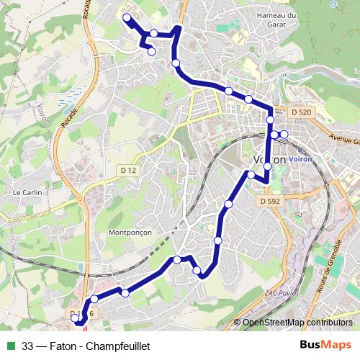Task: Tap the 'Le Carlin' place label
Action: [x=27, y=193]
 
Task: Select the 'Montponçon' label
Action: [x=129, y=233]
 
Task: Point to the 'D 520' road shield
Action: [x=302, y=112]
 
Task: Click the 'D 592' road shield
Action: [x=269, y=202]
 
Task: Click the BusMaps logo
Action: [x=325, y=345]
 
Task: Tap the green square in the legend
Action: [x=11, y=346]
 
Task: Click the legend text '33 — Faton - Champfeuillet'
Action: [x=86, y=346]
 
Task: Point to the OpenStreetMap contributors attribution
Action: [x=297, y=323]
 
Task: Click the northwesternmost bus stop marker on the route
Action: [x=127, y=18]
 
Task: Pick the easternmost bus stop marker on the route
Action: [x=284, y=135]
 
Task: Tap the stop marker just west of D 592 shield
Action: [x=251, y=175]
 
